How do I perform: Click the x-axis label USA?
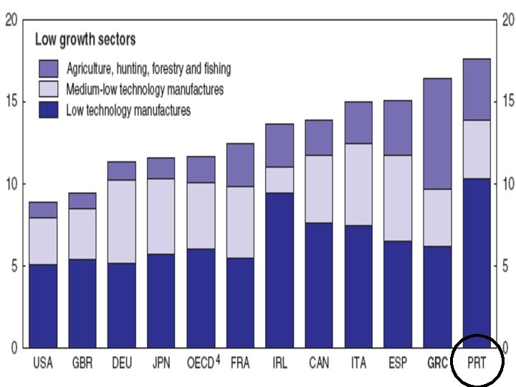click(x=43, y=363)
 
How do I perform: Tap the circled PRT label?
click(x=477, y=363)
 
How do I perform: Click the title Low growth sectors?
click(x=85, y=39)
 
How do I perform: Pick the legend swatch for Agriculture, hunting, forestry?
click(x=49, y=69)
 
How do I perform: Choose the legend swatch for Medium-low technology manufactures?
click(x=49, y=90)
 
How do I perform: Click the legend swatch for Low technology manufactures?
click(x=49, y=110)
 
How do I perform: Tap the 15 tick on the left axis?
click(x=11, y=102)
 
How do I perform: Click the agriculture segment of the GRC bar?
click(x=436, y=133)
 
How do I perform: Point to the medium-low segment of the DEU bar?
click(x=122, y=221)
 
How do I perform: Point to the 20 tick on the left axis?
click(x=11, y=20)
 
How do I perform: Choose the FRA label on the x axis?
click(x=240, y=363)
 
